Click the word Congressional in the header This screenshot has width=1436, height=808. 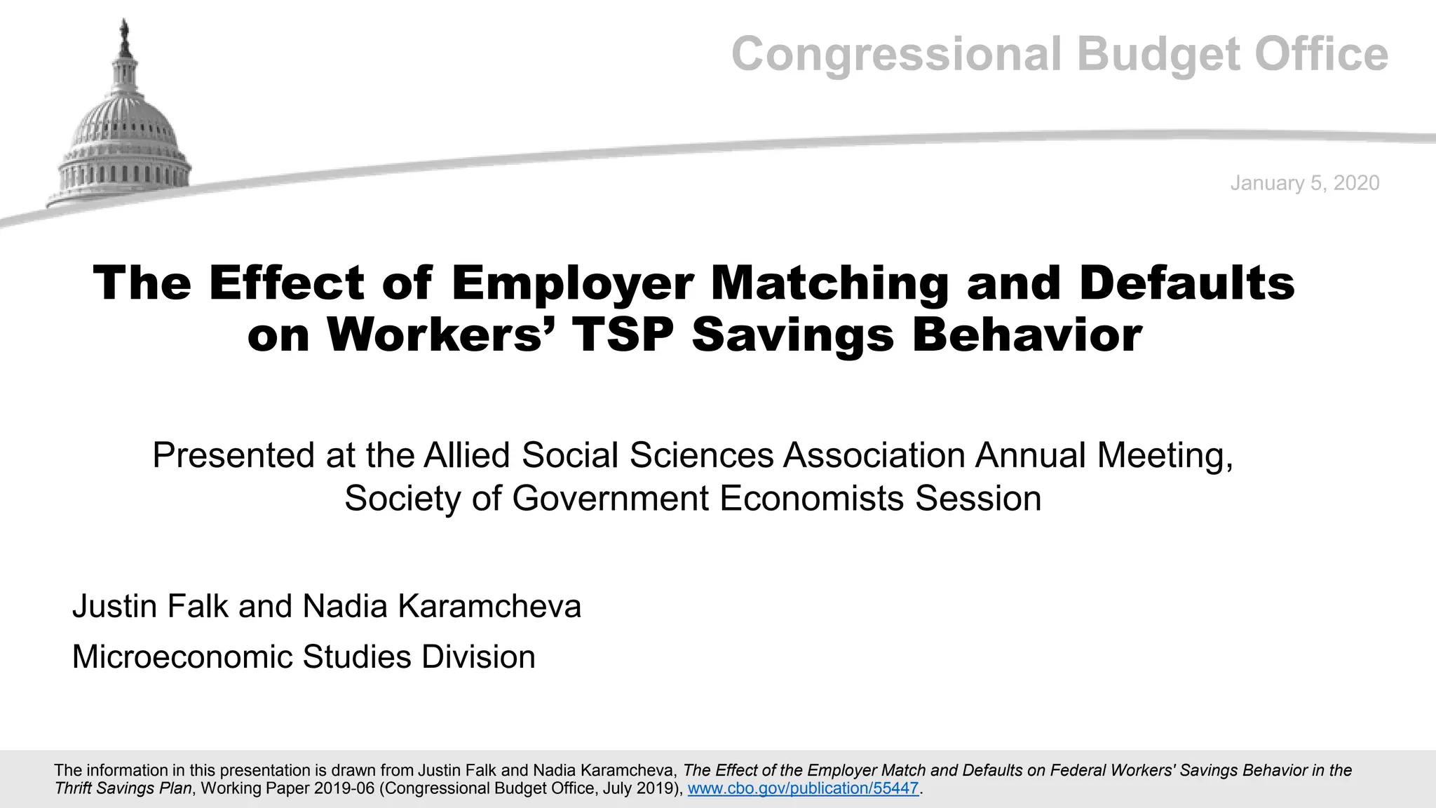click(897, 55)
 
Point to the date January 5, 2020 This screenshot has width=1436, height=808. click(1304, 183)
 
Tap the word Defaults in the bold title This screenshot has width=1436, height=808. click(1186, 283)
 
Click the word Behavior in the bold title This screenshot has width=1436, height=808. click(1027, 335)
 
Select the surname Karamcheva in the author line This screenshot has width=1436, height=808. click(489, 607)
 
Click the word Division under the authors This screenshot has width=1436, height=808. click(478, 657)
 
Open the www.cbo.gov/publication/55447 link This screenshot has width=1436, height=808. click(803, 788)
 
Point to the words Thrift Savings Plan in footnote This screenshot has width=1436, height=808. click(123, 788)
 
